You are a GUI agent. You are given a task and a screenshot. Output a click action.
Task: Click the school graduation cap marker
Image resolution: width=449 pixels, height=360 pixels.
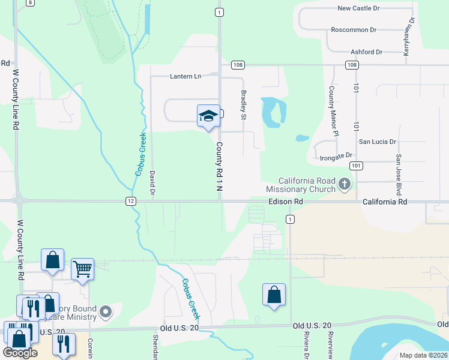pyautogui.click(x=208, y=116)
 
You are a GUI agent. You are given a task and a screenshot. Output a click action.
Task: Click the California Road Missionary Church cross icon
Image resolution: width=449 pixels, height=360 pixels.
pyautogui.click(x=345, y=184)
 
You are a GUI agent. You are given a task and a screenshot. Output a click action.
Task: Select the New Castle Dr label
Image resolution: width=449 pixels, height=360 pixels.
pyautogui.click(x=359, y=8)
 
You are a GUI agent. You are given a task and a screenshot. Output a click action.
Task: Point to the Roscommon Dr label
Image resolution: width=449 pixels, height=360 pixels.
pyautogui.click(x=354, y=29)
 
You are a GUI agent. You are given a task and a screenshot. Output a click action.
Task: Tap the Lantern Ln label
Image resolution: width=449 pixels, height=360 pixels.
pyautogui.click(x=185, y=76)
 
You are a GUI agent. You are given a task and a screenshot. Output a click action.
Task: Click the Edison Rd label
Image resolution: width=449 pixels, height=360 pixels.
pyautogui.click(x=285, y=202)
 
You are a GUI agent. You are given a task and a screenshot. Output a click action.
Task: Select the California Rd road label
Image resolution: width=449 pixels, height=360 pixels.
pyautogui.click(x=385, y=202)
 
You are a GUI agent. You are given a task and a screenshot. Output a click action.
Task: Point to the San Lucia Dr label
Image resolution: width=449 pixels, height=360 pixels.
pyautogui.click(x=378, y=142)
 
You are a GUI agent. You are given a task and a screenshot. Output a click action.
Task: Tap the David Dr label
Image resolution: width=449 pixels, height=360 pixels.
pyautogui.click(x=153, y=183)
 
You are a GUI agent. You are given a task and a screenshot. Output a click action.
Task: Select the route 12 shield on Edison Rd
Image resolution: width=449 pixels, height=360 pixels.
pyautogui.click(x=130, y=201)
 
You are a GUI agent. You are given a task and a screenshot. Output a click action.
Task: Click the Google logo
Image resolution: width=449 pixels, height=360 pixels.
pyautogui.click(x=20, y=353)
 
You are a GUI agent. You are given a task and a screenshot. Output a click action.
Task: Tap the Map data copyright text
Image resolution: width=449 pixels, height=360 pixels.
pyautogui.click(x=423, y=355)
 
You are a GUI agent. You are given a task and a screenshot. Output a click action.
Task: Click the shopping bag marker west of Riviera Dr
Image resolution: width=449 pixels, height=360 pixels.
pyautogui.click(x=274, y=295)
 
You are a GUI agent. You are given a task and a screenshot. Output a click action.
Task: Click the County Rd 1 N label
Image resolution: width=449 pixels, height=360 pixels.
pyautogui.click(x=220, y=167)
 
